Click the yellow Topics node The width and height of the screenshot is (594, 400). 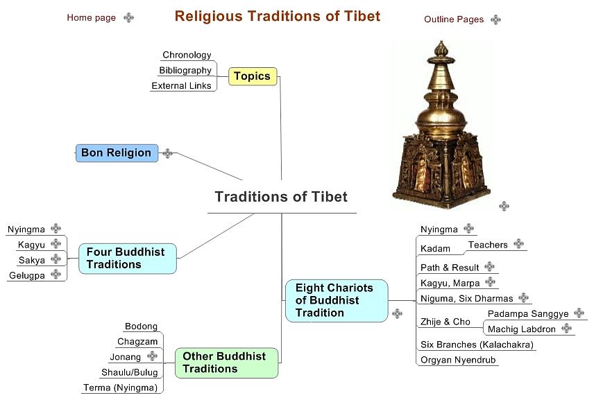(252, 76)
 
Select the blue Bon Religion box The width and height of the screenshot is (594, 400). (116, 153)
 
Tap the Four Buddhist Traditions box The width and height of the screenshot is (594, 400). (126, 258)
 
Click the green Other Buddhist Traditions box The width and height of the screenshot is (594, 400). (224, 363)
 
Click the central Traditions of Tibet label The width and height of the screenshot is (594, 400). (281, 196)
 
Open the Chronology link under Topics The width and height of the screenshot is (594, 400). (187, 55)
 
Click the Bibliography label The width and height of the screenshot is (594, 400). (185, 70)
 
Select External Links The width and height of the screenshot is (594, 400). (181, 86)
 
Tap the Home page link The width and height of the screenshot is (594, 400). (91, 18)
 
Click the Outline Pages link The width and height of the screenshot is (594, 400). (453, 19)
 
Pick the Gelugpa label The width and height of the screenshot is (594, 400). (26, 276)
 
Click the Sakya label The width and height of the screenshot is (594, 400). (31, 260)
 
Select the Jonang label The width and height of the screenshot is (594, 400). (125, 356)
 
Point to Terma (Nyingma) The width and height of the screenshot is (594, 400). (120, 388)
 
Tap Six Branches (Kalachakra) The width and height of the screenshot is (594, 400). (477, 345)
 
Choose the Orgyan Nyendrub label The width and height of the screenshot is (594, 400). (459, 360)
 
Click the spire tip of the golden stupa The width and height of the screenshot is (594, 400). (440, 44)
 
